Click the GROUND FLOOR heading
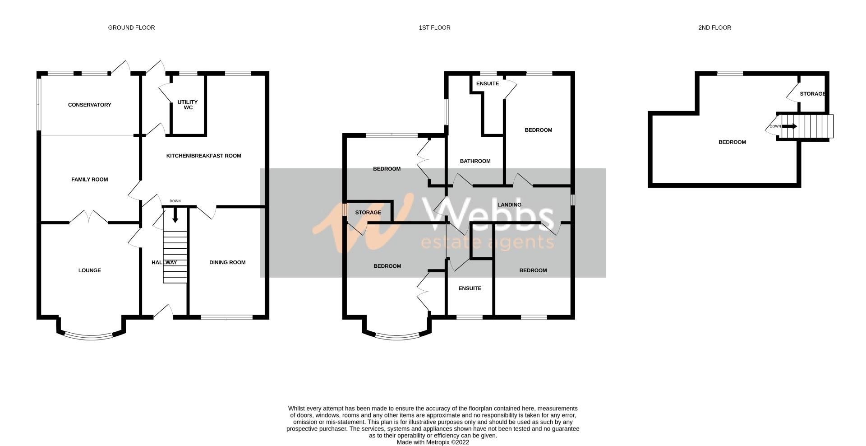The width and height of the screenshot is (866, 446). click(x=131, y=28)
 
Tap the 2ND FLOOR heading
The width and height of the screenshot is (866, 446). click(x=714, y=28)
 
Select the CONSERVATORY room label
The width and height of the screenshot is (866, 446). click(x=89, y=105)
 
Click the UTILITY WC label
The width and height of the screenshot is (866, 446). click(x=188, y=105)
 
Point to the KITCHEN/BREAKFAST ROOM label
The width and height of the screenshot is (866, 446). click(x=204, y=156)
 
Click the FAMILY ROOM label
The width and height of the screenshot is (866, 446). click(x=89, y=180)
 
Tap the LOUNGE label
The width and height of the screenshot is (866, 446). click(x=89, y=271)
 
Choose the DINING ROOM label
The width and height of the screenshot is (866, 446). click(x=227, y=263)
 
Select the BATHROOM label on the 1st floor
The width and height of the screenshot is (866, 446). click(x=475, y=161)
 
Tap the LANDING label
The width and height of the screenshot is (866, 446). click(x=509, y=205)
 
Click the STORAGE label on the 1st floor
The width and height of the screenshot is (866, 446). click(x=368, y=213)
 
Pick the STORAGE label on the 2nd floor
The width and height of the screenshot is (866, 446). click(x=812, y=94)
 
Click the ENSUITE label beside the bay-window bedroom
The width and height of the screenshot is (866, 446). click(x=470, y=288)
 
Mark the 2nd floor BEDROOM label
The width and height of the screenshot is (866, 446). click(x=732, y=142)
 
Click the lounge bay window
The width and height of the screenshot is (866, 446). click(x=90, y=336)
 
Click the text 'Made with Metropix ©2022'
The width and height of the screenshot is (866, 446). click(x=433, y=442)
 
